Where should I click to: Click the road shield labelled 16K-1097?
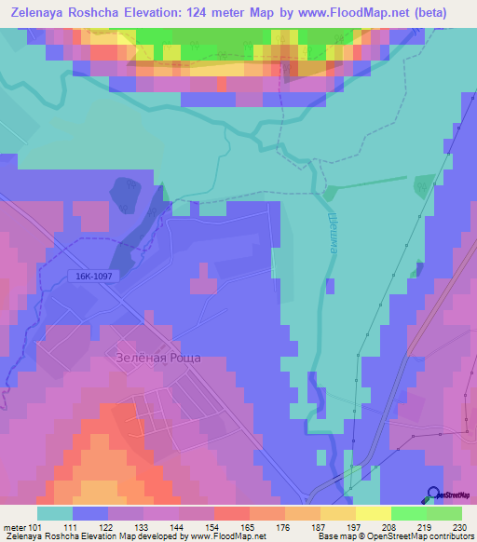pos(95,277)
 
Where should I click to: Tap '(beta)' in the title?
pos(430,13)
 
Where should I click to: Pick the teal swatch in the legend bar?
pos(55,513)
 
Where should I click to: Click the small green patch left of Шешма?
pos(330,193)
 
